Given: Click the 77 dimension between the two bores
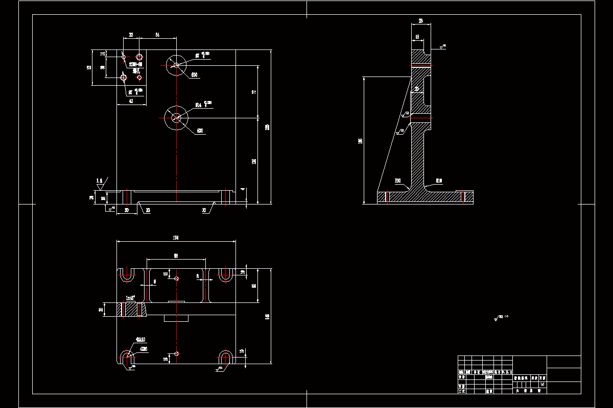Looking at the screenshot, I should click(x=254, y=92).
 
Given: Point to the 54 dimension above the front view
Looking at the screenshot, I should click(x=157, y=35).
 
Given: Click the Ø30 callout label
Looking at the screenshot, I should click(x=195, y=75).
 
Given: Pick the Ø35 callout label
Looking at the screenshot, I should click(x=200, y=131).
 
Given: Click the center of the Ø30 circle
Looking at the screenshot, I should click(x=176, y=65).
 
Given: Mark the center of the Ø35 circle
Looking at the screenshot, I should click(x=176, y=118).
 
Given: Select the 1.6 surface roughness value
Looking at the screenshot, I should click(x=100, y=181).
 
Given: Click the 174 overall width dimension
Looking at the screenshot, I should click(x=176, y=237).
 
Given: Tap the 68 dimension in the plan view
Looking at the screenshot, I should click(x=176, y=256).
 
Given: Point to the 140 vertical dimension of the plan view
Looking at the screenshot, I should click(x=267, y=317).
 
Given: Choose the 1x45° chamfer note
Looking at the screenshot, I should click(x=133, y=298).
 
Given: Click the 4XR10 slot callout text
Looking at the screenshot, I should click(x=140, y=339).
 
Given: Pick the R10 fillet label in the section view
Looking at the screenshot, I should click(x=439, y=181).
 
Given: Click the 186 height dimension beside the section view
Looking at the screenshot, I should click(x=360, y=141).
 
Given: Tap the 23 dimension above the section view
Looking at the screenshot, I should click(x=421, y=21).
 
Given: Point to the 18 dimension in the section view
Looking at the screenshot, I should click(x=417, y=37).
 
